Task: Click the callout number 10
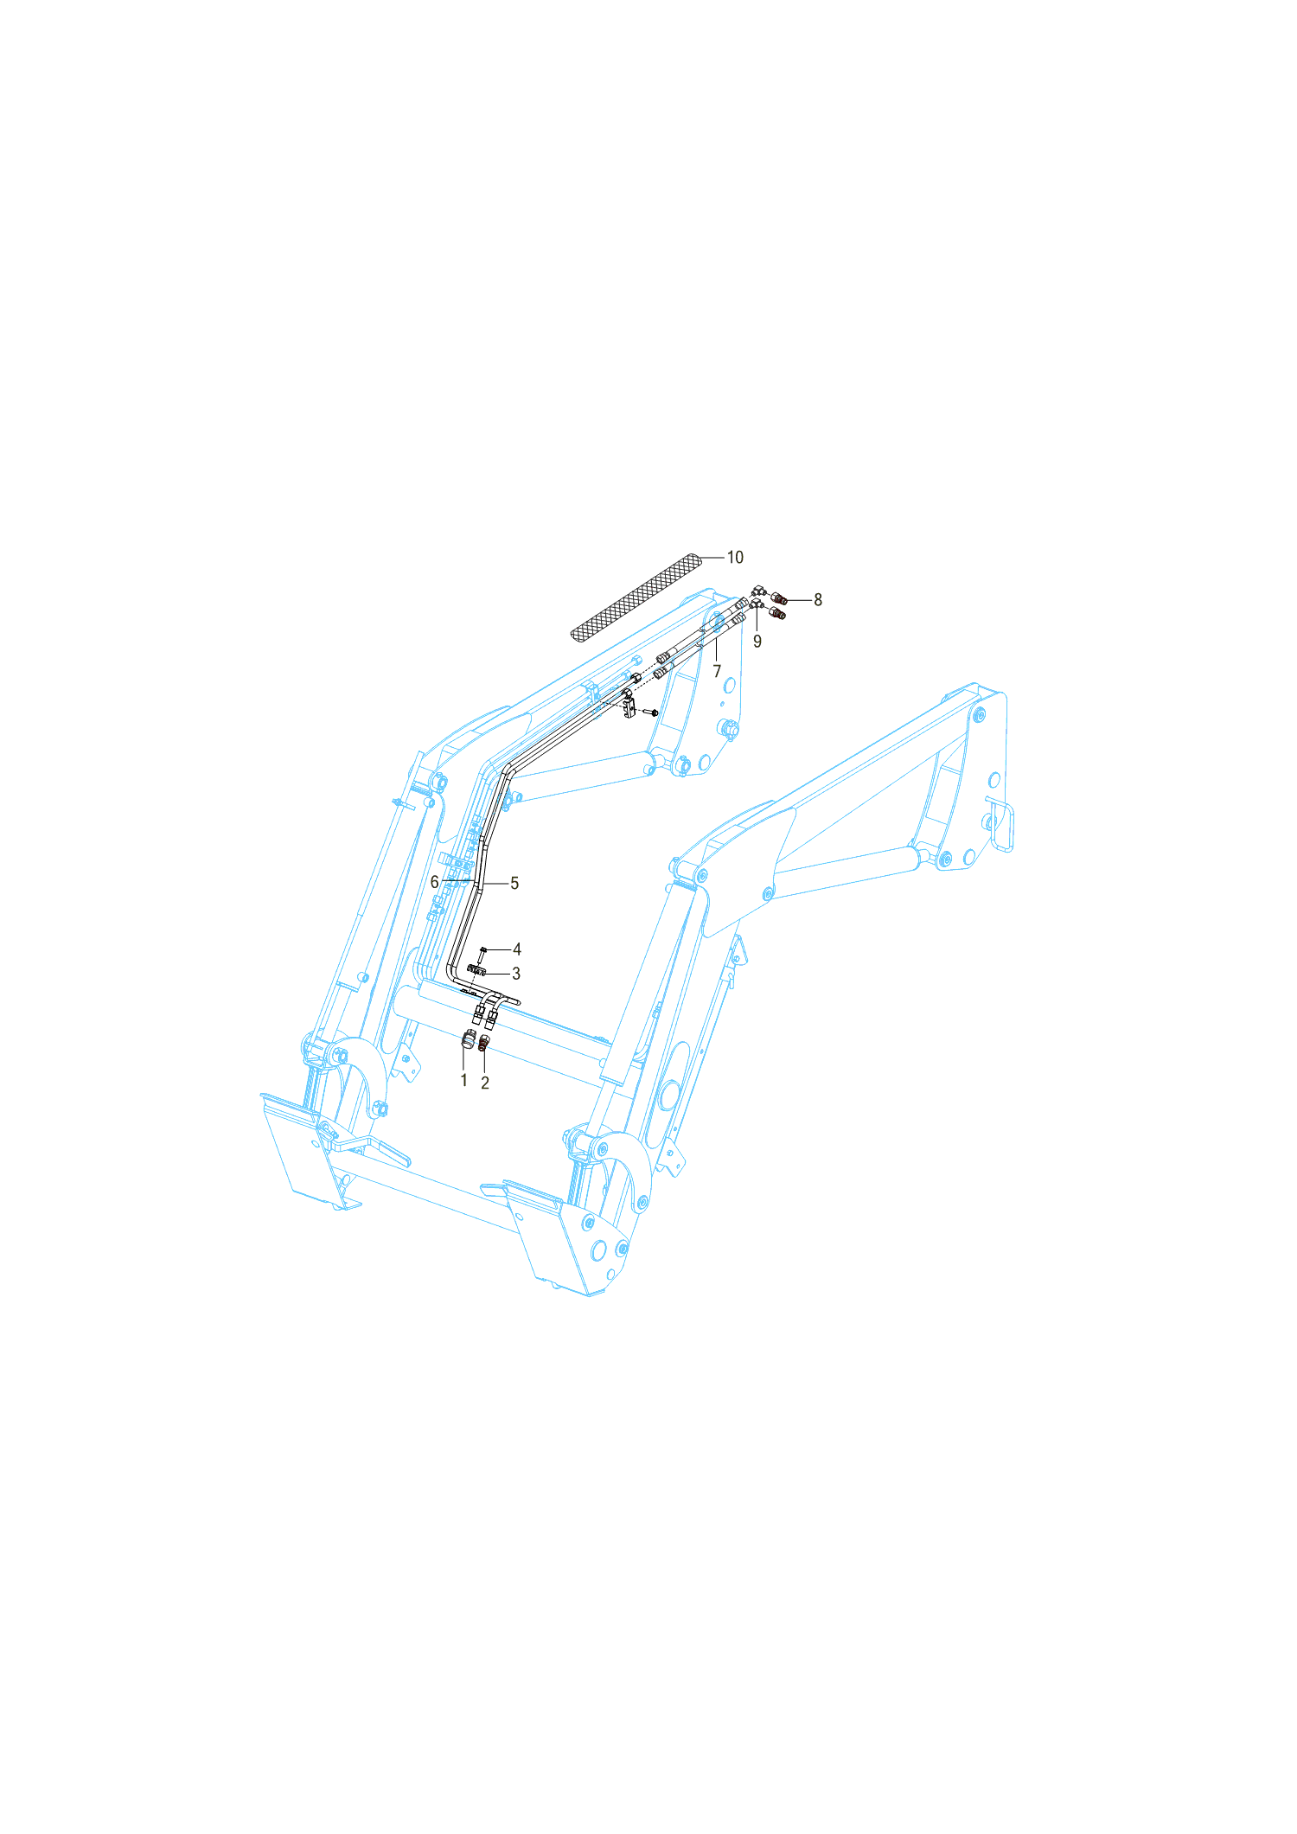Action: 734,558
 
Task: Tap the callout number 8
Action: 818,599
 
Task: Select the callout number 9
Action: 757,642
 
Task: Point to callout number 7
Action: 717,671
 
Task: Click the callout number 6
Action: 434,882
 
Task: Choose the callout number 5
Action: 514,883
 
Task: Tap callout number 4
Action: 517,949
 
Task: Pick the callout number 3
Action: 516,974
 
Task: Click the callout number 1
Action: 463,1080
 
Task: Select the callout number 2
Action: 485,1083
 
